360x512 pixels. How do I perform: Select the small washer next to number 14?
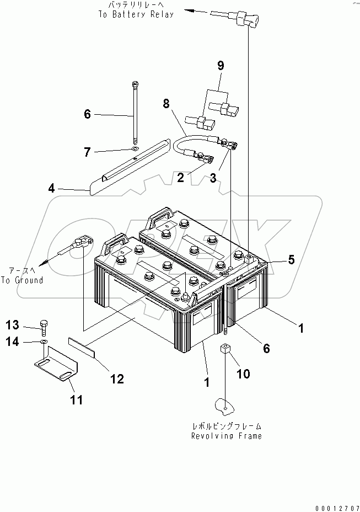click(44, 343)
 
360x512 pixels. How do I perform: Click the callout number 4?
click(51, 188)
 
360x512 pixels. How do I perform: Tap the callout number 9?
click(220, 66)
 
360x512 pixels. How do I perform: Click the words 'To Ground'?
click(22, 280)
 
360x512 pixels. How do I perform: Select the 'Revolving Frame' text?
click(226, 436)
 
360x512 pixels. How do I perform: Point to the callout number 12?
click(116, 378)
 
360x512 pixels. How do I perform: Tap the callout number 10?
click(243, 374)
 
